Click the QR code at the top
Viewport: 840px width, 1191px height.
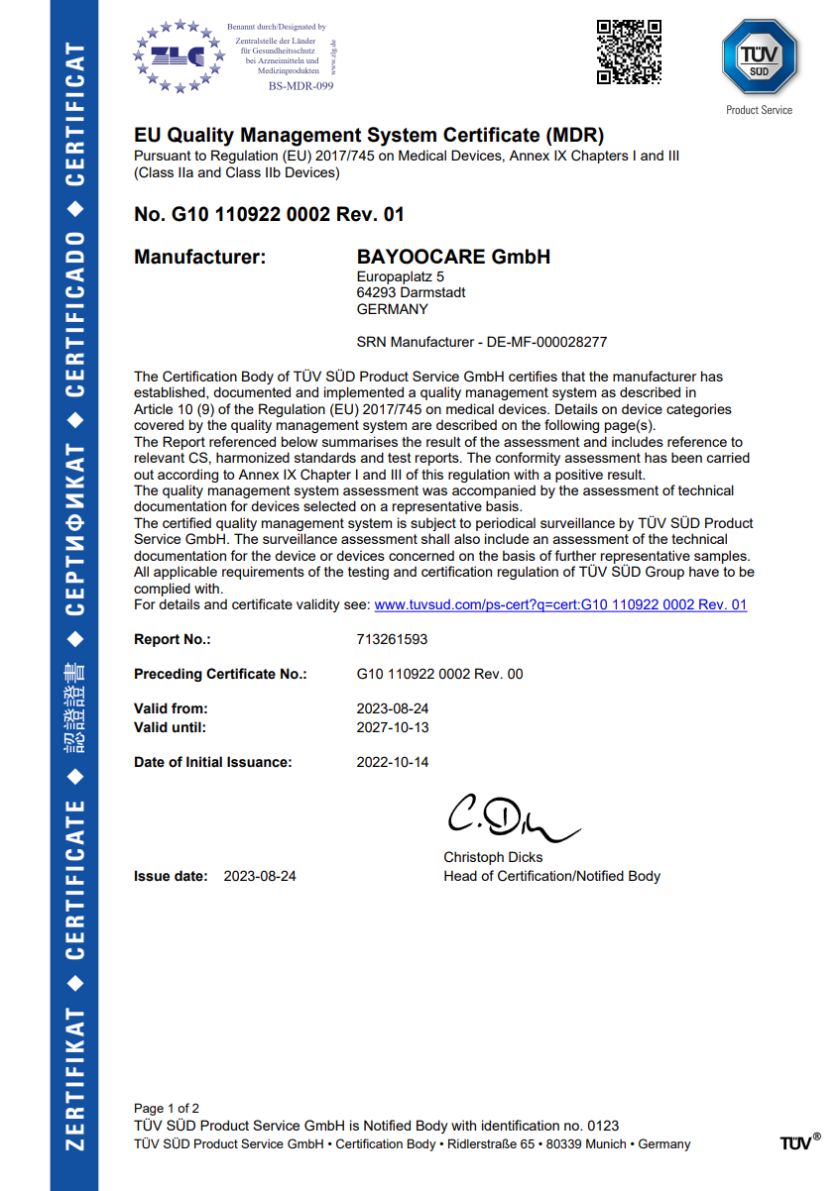(629, 52)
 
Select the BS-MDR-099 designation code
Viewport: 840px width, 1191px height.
(301, 86)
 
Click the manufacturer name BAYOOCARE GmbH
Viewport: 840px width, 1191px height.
(453, 258)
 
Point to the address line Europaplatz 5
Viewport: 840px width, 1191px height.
(401, 277)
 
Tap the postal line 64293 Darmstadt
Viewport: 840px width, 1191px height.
(411, 293)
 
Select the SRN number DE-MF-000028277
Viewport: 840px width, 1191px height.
(546, 342)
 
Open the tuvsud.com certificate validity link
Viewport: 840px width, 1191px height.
(560, 604)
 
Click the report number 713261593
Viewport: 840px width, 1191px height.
(392, 639)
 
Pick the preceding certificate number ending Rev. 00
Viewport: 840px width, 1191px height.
(439, 674)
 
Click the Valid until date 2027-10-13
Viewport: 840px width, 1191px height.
(392, 727)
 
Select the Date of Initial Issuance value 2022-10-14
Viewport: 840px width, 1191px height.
(392, 762)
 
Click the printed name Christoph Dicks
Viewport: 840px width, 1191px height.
(493, 857)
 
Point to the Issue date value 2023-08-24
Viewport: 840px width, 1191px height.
(260, 876)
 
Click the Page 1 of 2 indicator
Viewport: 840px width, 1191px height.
(167, 1108)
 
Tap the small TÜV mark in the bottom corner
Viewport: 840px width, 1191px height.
(799, 1141)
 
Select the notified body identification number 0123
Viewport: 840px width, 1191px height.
(603, 1126)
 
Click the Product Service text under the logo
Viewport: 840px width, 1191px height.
(759, 110)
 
